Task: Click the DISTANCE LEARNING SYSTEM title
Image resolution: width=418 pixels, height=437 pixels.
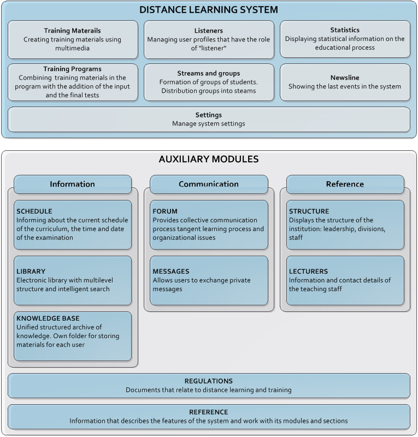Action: click(209, 10)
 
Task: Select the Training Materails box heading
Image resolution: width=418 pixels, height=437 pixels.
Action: click(72, 31)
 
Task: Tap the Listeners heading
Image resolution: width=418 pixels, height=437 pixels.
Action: click(209, 31)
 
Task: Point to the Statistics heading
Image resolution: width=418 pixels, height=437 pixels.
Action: click(345, 30)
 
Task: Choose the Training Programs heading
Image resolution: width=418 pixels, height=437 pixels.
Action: click(72, 69)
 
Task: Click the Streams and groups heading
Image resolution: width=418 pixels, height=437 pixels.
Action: click(209, 73)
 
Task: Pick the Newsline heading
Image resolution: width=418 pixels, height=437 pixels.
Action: click(345, 78)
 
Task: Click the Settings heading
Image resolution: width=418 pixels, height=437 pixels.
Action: click(209, 115)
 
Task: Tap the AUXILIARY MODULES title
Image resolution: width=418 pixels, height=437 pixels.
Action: click(209, 159)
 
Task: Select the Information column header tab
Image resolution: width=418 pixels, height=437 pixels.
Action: click(73, 184)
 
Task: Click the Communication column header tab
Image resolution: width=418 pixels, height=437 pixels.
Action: click(209, 184)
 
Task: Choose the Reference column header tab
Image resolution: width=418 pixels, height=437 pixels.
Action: click(345, 184)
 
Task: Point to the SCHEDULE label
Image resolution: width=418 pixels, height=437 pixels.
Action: click(34, 211)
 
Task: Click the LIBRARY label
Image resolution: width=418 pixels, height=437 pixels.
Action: click(31, 271)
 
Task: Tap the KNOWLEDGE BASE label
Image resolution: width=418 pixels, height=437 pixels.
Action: click(48, 318)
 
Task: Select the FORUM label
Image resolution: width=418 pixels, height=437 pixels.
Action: click(165, 211)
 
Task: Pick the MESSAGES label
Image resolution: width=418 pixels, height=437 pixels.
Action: click(171, 271)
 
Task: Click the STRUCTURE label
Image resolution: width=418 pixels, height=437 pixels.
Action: click(309, 211)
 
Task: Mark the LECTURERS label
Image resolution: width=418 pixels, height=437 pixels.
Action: click(308, 271)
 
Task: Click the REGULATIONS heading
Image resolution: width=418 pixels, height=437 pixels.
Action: click(209, 381)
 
